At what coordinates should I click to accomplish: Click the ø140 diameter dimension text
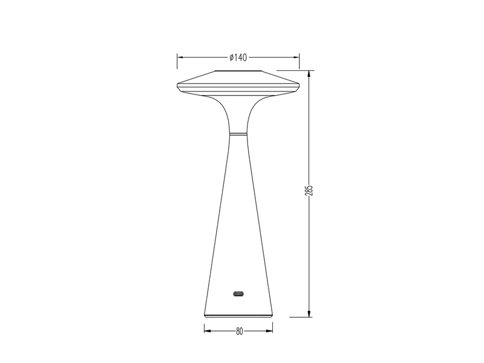[238, 57]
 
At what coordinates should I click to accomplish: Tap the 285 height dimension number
[309, 192]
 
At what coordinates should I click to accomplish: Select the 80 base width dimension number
[239, 331]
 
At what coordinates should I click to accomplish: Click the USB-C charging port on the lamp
[238, 295]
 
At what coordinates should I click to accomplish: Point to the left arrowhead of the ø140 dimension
[180, 57]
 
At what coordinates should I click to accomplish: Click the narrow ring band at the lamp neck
[238, 132]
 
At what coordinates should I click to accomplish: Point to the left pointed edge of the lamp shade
[178, 84]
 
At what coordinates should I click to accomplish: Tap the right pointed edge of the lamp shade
[299, 84]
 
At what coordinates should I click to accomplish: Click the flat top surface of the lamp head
[238, 73]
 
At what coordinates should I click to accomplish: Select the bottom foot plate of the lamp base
[238, 315]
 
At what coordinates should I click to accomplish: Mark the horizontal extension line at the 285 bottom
[299, 316]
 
